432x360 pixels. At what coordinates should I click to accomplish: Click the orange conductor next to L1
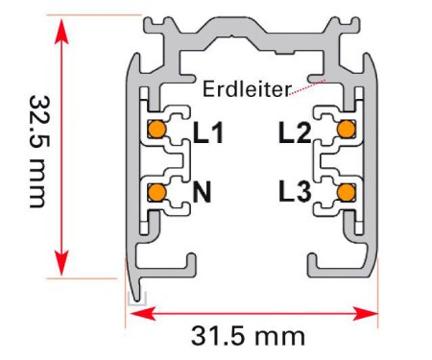156,130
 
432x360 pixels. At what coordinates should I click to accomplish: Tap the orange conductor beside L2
347,129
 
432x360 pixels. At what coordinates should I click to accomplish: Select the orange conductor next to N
156,192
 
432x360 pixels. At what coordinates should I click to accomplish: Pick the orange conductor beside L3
347,192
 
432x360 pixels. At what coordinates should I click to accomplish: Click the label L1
208,132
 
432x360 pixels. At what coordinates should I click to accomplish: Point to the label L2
295,132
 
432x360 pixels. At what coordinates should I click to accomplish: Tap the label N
202,192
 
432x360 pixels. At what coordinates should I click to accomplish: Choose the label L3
295,192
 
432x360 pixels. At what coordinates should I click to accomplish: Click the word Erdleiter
247,89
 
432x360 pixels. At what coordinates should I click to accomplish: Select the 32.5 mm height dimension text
40,152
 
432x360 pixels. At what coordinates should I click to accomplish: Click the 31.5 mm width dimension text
248,336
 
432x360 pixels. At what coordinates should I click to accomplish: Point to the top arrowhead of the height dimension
61,31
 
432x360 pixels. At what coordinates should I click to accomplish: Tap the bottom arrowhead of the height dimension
61,263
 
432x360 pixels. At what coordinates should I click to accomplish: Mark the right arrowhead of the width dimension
365,314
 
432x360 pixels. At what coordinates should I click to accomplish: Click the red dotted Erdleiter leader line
307,87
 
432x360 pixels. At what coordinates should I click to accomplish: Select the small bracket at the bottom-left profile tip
137,299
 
